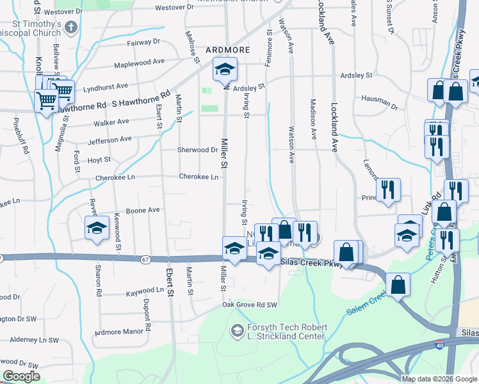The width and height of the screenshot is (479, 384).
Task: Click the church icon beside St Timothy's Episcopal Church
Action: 71,28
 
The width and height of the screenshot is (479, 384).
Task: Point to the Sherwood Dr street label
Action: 198,150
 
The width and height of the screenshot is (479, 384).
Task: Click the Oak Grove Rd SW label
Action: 250,305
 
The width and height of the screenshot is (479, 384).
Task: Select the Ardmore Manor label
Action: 119,332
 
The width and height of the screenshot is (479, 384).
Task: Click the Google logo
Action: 21,376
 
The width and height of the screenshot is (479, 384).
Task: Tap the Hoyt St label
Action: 99,159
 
